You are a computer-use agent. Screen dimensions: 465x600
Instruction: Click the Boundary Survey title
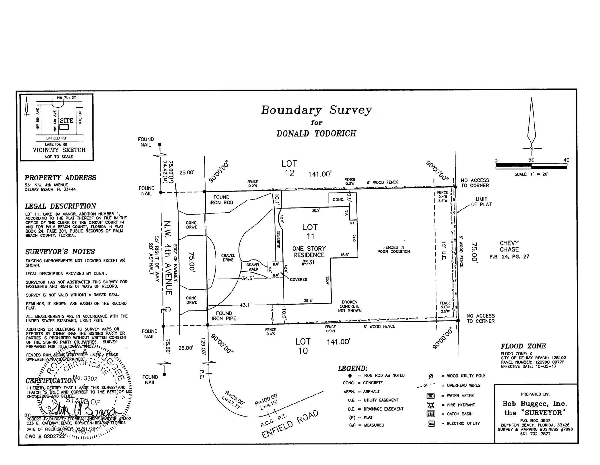[x=316, y=110]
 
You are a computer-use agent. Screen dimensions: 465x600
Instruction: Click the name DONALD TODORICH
[x=316, y=134]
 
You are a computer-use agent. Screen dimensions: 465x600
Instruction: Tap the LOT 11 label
[x=310, y=232]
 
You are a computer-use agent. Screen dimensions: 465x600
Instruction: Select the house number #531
[x=308, y=262]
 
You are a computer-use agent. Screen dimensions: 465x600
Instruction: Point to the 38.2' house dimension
[x=316, y=210]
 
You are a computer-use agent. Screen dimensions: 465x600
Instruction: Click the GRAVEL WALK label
[x=253, y=267]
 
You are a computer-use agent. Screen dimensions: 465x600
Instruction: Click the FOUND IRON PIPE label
[x=224, y=316]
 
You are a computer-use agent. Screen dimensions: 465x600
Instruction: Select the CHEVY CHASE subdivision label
[x=509, y=246]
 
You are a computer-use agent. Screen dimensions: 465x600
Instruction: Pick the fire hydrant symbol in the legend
[x=431, y=405]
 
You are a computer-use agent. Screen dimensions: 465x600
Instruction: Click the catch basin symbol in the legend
[x=431, y=414]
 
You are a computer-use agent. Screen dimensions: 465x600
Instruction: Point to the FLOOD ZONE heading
[x=523, y=346]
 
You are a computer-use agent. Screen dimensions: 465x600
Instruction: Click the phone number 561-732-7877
[x=535, y=434]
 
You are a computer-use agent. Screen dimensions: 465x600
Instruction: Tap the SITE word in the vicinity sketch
[x=66, y=120]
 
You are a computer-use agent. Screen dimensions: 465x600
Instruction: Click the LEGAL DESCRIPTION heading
[x=60, y=206]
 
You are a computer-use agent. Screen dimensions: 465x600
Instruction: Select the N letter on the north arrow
[x=531, y=149]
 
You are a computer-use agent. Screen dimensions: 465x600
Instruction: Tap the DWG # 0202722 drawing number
[x=45, y=437]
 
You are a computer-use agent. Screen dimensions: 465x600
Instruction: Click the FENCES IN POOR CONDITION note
[x=394, y=249]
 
